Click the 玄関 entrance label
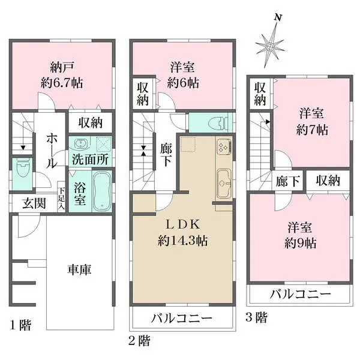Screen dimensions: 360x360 click(34, 203)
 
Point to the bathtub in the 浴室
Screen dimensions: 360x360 click(100, 190)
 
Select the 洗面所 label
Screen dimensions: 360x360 click(90, 160)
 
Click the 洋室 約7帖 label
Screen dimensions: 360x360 click(313, 121)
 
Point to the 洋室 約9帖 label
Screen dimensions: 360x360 click(300, 236)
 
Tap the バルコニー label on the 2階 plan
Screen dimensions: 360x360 click(182, 317)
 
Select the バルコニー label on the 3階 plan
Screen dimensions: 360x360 click(300, 294)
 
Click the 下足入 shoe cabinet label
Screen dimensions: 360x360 click(62, 199)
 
